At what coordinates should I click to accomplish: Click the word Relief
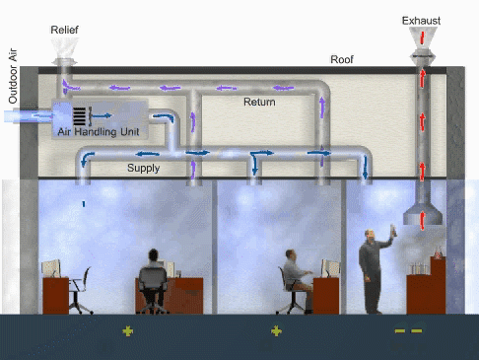[64, 30]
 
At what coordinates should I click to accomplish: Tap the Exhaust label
[421, 21]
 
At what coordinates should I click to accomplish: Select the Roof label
[342, 59]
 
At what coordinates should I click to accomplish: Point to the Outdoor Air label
[13, 76]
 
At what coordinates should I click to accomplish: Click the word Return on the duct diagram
[259, 102]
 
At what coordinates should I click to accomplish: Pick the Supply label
[143, 168]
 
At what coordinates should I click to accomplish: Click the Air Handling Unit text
[99, 132]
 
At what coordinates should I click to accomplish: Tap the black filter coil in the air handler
[79, 116]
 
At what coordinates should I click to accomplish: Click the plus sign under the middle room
[276, 331]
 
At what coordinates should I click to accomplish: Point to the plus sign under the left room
[127, 331]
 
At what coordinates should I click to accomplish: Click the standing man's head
[370, 235]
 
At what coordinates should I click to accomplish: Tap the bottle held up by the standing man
[393, 230]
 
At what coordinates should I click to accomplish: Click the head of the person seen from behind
[153, 254]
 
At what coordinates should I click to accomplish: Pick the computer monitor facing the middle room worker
[330, 268]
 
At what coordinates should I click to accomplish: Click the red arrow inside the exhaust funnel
[423, 37]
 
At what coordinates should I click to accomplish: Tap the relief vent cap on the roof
[65, 61]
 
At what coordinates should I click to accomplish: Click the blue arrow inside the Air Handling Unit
[102, 115]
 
